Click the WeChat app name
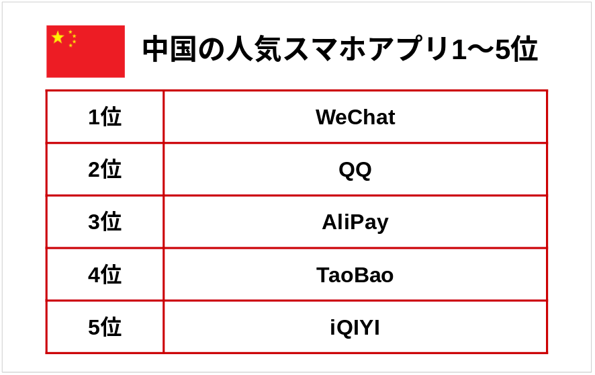tap(355, 117)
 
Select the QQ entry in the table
tap(355, 169)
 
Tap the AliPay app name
tap(355, 222)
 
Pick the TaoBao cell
tap(355, 275)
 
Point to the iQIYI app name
tap(355, 327)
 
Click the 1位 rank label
tap(105, 116)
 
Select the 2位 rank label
tap(105, 169)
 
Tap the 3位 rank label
tap(105, 222)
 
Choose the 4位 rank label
tap(105, 274)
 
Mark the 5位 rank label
tap(105, 327)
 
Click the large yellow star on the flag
tap(58, 37)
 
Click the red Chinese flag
tap(86, 52)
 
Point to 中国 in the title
tap(170, 49)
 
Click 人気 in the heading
tap(253, 49)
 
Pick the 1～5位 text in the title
tap(495, 49)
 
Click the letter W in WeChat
tap(328, 117)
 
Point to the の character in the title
tap(212, 50)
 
